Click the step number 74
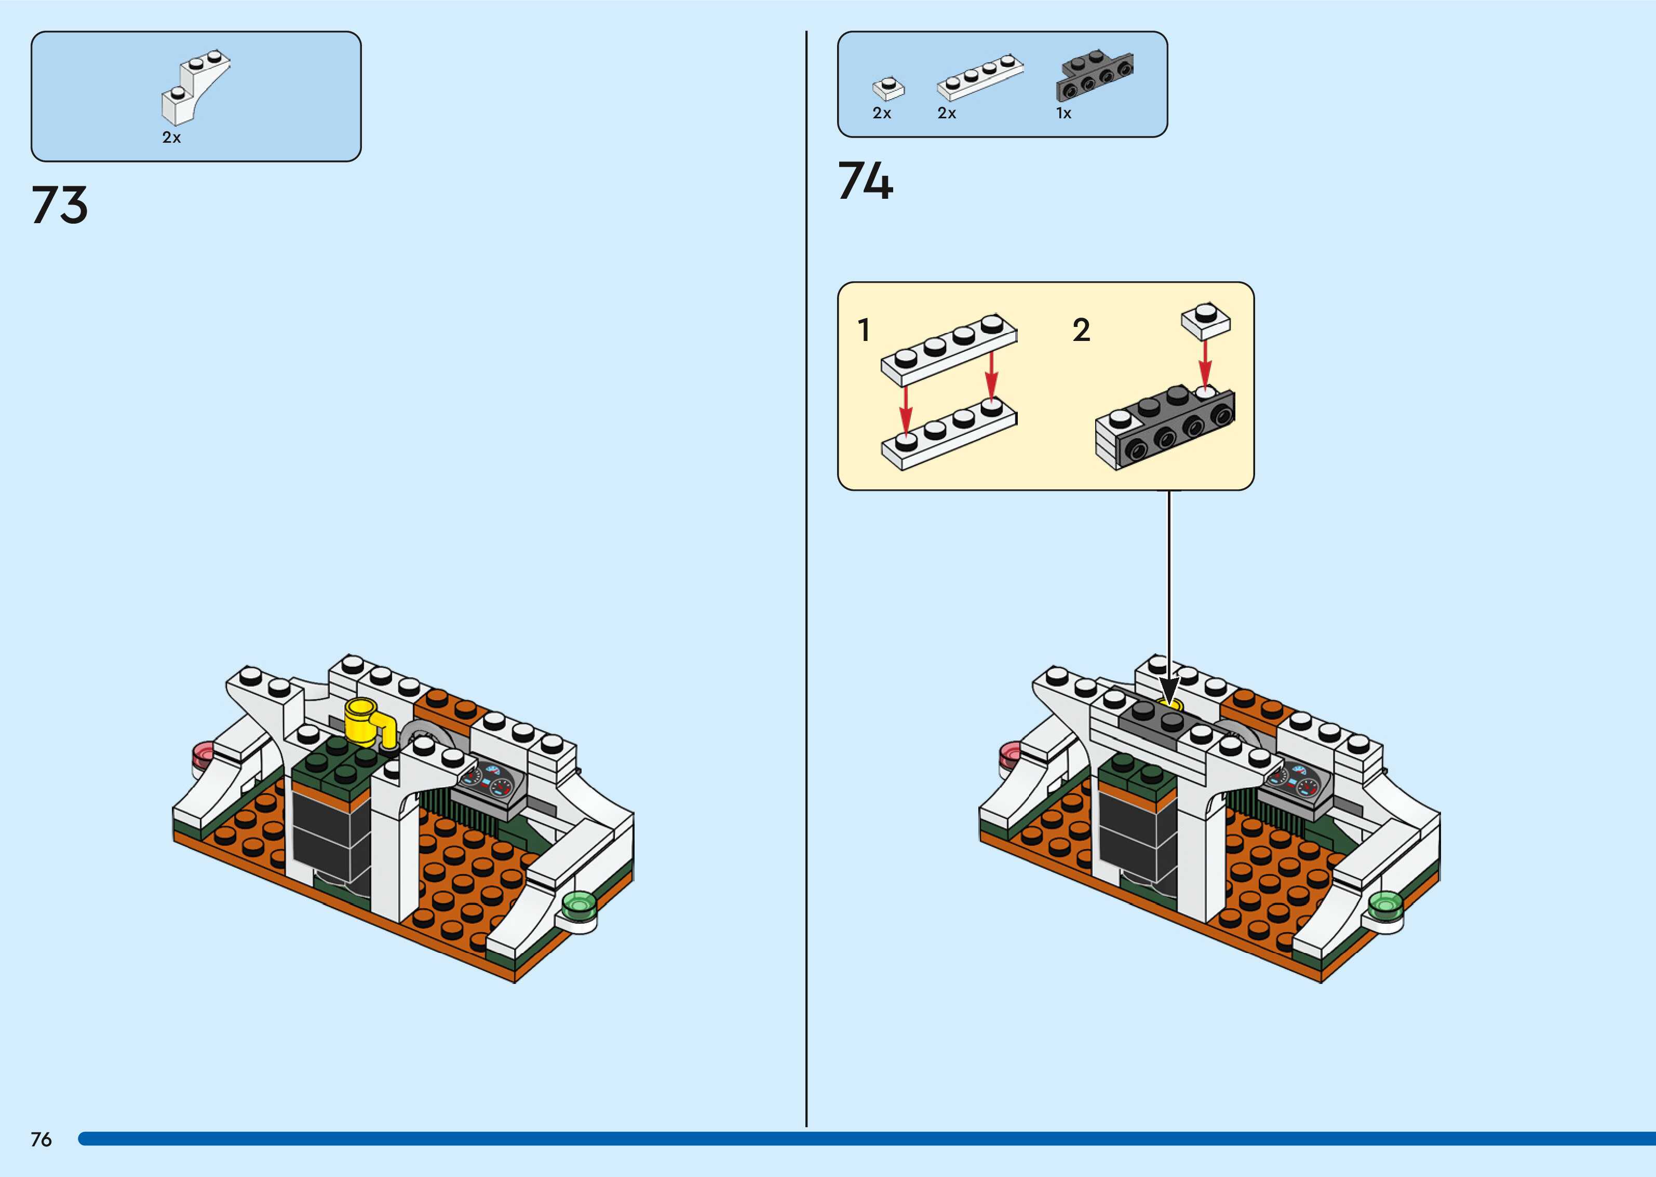(x=865, y=181)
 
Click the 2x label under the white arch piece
(x=171, y=138)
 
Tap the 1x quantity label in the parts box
(x=1063, y=113)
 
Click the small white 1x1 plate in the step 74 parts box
(x=888, y=88)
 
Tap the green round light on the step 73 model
(x=578, y=905)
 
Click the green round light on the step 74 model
(x=1385, y=905)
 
